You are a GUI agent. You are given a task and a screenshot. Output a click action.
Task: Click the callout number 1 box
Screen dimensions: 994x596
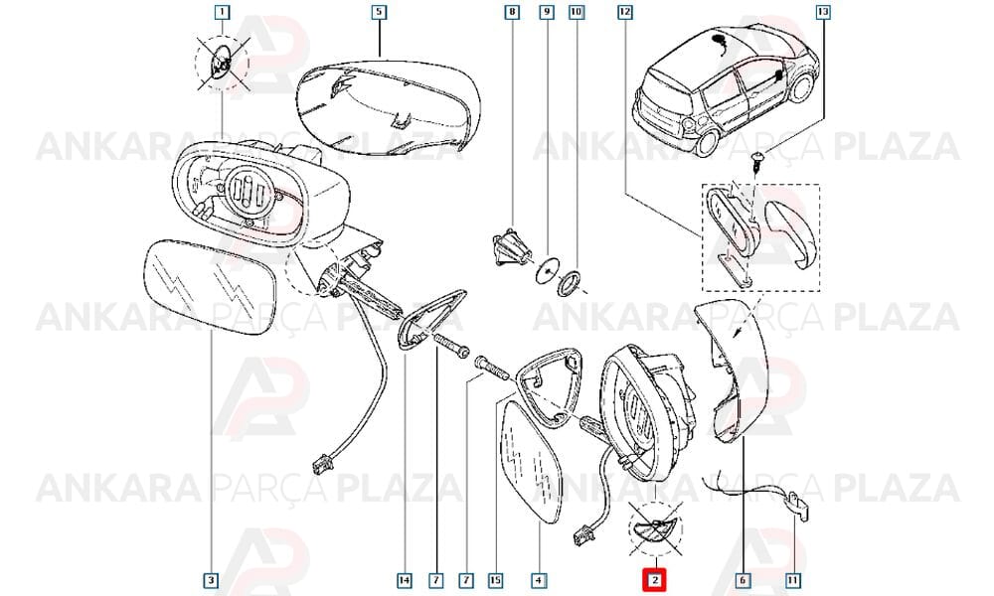pyautogui.click(x=222, y=11)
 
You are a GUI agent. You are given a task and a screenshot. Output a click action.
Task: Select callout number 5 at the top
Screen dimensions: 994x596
pyautogui.click(x=379, y=11)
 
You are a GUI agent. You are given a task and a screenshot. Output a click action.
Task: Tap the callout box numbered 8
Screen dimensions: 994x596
pyautogui.click(x=512, y=11)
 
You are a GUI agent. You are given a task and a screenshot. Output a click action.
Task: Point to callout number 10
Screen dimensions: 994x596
pyautogui.click(x=577, y=11)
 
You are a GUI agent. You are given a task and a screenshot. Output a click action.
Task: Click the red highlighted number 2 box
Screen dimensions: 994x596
pyautogui.click(x=655, y=579)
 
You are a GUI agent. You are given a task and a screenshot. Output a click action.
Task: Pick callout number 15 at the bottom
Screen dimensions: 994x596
pyautogui.click(x=496, y=580)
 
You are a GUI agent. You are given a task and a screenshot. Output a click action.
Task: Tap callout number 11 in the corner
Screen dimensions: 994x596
pyautogui.click(x=792, y=580)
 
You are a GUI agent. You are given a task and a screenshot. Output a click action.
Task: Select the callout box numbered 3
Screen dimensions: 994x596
pyautogui.click(x=212, y=580)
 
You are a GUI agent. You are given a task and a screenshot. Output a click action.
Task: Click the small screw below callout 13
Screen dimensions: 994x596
pyautogui.click(x=757, y=160)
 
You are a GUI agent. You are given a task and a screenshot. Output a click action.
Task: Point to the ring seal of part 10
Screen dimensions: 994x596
pyautogui.click(x=568, y=282)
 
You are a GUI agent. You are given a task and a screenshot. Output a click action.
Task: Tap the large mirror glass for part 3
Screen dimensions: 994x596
pyautogui.click(x=209, y=286)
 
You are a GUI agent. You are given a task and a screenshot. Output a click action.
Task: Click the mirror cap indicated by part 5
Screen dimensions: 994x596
pyautogui.click(x=388, y=106)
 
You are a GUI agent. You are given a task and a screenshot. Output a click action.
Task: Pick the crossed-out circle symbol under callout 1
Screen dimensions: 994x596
pyautogui.click(x=222, y=64)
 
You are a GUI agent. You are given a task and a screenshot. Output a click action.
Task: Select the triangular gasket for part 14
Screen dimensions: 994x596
pyautogui.click(x=432, y=319)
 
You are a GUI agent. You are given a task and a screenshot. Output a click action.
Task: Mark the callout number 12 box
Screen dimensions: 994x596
pyautogui.click(x=625, y=11)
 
